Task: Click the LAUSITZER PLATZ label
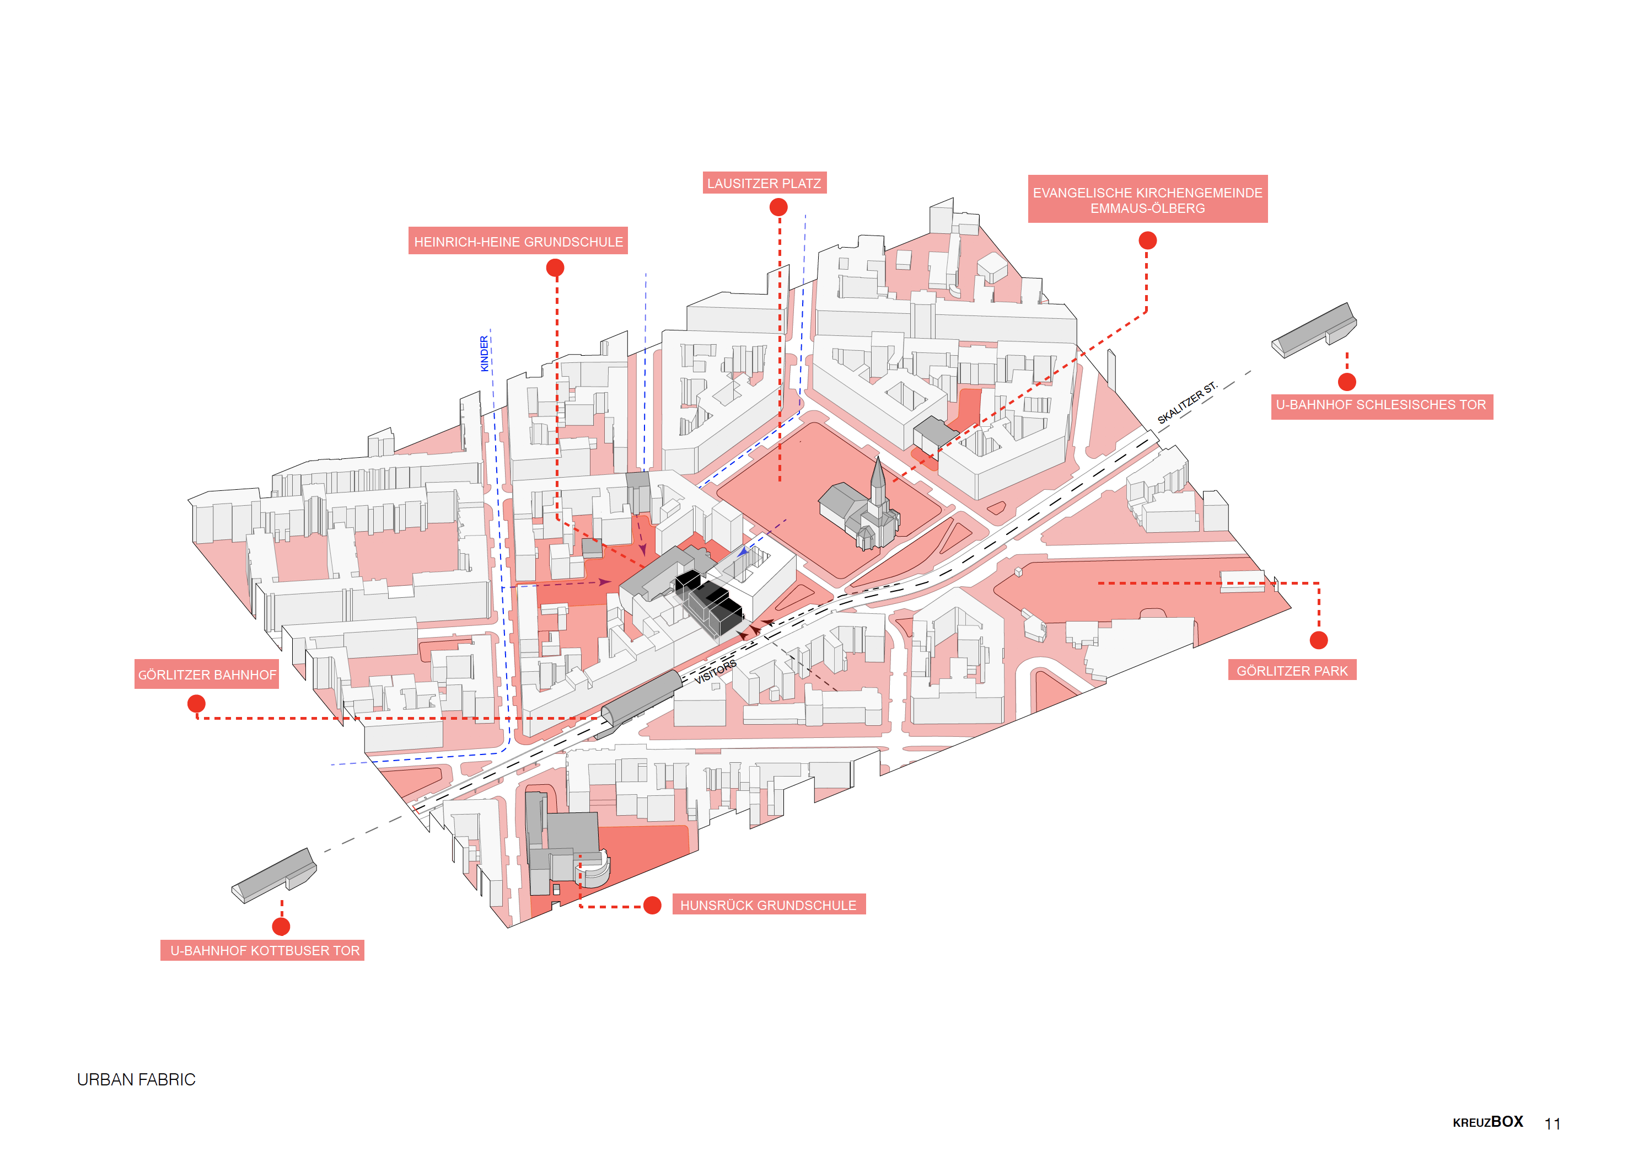[x=764, y=183]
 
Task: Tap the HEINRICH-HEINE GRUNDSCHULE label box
[x=518, y=242]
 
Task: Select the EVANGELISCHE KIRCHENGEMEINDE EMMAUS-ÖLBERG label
[x=1147, y=200]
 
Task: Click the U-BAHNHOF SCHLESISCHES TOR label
[x=1381, y=405]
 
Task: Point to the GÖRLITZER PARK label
[x=1291, y=671]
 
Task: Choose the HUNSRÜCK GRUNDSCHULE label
[x=768, y=905]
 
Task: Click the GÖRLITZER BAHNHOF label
[x=206, y=674]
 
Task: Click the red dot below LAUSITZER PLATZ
[x=778, y=207]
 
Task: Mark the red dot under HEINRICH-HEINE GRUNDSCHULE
[x=555, y=267]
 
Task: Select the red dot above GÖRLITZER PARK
[x=1319, y=640]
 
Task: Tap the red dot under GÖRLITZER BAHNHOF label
[x=196, y=704]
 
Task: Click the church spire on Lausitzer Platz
[x=879, y=473]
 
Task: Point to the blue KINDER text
[x=485, y=354]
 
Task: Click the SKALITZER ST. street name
[x=1187, y=403]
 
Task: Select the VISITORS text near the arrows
[x=715, y=671]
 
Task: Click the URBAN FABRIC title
[x=136, y=1079]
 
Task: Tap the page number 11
[x=1552, y=1123]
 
